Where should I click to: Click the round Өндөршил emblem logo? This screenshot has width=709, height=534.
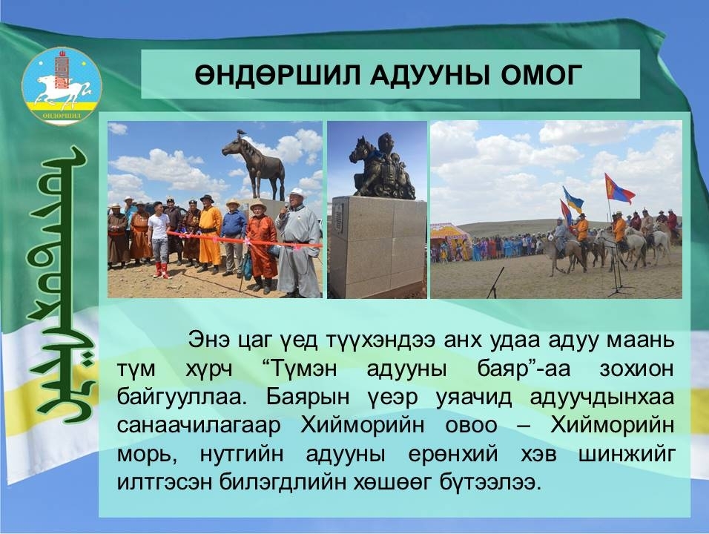point(62,86)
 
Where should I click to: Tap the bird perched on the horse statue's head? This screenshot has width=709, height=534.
point(240,132)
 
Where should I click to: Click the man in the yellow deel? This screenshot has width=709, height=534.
point(210,234)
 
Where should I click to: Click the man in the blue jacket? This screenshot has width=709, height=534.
point(234,237)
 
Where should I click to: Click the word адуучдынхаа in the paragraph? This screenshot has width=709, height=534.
point(602,398)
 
